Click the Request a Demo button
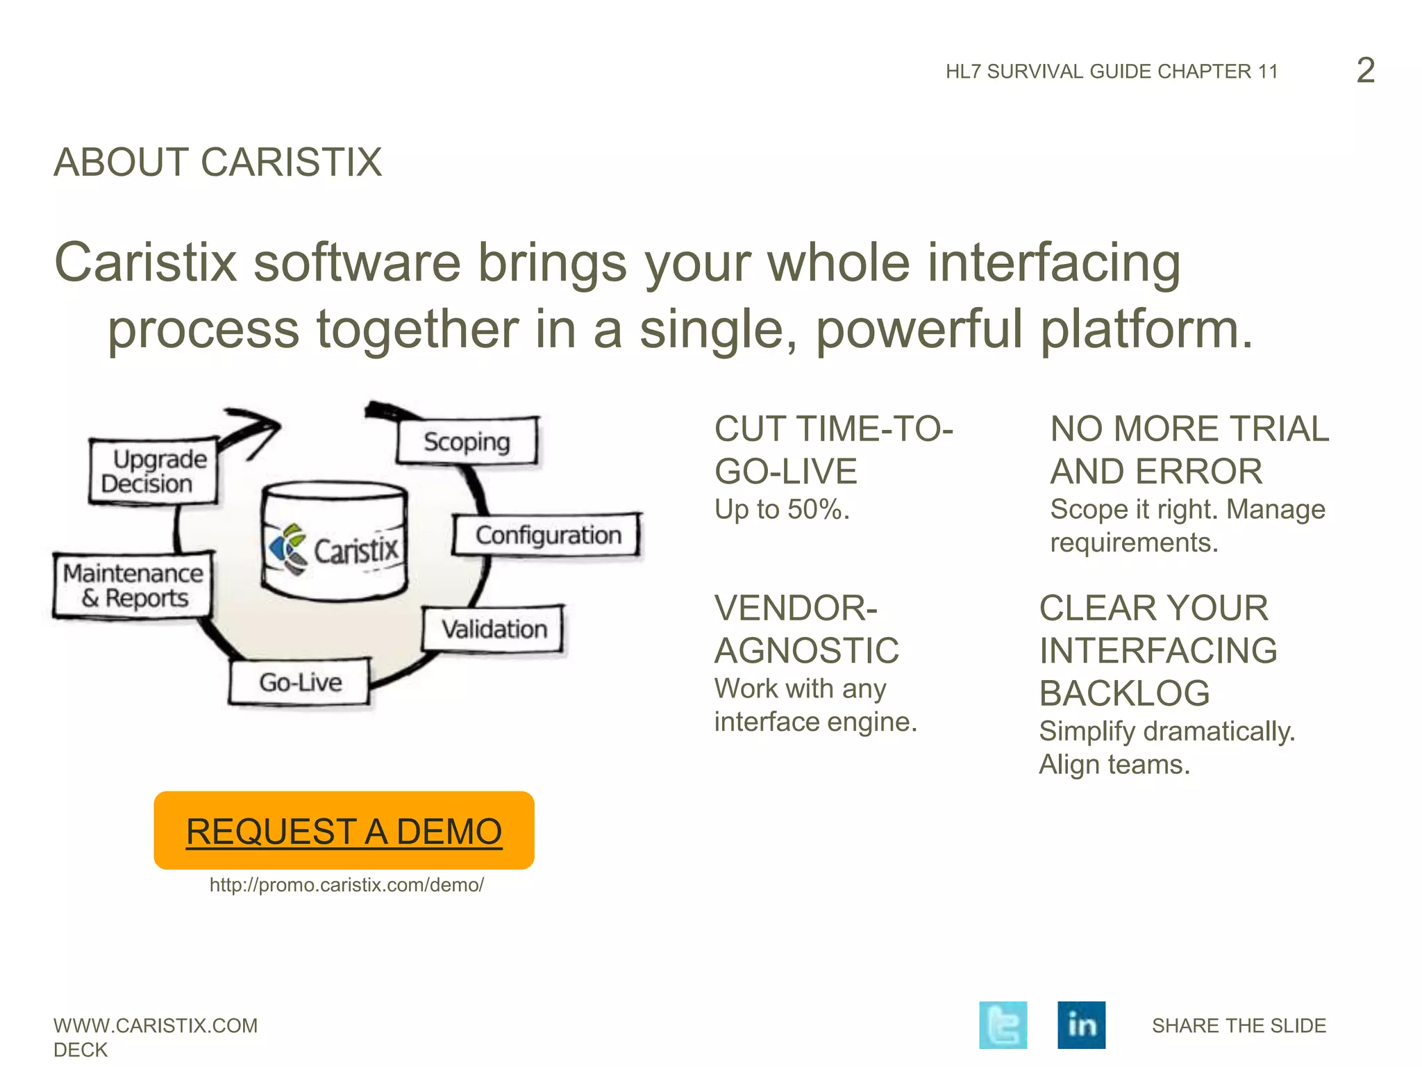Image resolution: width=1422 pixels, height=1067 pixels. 344,830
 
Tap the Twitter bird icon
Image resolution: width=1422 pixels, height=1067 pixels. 1003,1025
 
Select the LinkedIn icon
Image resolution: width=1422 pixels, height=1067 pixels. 1081,1025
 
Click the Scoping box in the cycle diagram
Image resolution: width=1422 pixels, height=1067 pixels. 467,440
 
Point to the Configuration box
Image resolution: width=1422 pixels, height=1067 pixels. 547,535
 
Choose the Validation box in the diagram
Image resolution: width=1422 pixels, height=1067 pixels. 494,629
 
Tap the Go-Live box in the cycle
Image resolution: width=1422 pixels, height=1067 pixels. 300,682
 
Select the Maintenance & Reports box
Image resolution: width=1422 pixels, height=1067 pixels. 133,586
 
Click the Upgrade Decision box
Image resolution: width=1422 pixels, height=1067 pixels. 153,471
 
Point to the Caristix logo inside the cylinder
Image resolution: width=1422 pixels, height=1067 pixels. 334,549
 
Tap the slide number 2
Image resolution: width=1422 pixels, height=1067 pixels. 1365,70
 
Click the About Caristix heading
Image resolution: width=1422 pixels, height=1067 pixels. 218,163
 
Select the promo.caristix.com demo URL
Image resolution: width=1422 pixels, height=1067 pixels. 346,885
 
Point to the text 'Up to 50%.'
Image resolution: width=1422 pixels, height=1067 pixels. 782,510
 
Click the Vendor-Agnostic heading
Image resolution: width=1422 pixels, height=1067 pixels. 807,629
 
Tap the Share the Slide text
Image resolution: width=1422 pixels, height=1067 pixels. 1239,1025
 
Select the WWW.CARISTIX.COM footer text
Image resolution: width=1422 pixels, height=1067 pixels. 156,1025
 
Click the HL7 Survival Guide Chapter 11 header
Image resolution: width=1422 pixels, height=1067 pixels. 1112,72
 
